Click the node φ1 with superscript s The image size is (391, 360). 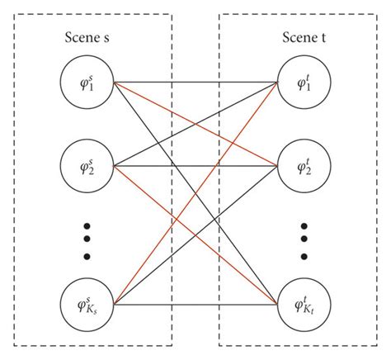(87, 83)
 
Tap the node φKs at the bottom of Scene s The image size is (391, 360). (87, 305)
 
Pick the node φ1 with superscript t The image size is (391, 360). (303, 83)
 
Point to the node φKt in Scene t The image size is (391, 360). (303, 305)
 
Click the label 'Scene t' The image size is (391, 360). (304, 39)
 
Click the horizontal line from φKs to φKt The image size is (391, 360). (195, 305)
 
